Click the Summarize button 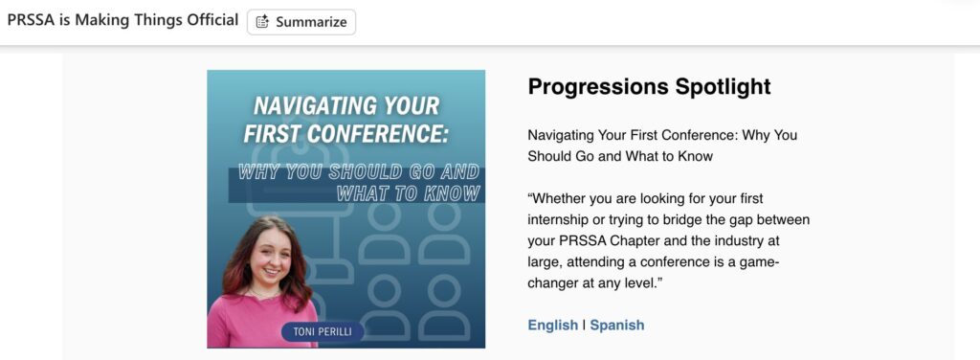[x=301, y=22]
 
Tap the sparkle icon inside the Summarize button [x=263, y=22]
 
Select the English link [x=552, y=325]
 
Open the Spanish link [x=617, y=325]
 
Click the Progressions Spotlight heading [x=650, y=86]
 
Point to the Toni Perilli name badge [x=323, y=331]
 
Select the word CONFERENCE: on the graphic [x=390, y=133]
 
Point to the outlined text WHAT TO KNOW [x=408, y=193]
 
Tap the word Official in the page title [x=213, y=20]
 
